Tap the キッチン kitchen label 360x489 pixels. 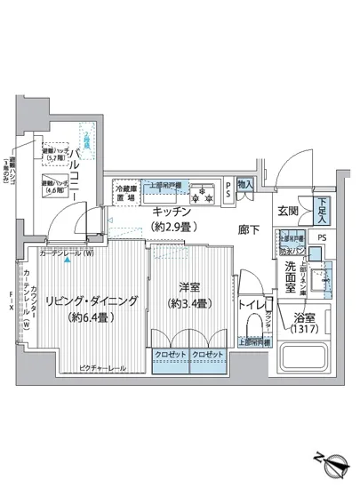coord(169,212)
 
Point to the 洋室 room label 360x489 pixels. coord(188,288)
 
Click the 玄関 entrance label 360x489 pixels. coord(286,211)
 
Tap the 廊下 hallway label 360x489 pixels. coord(249,228)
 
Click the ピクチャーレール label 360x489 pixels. coord(101,368)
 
